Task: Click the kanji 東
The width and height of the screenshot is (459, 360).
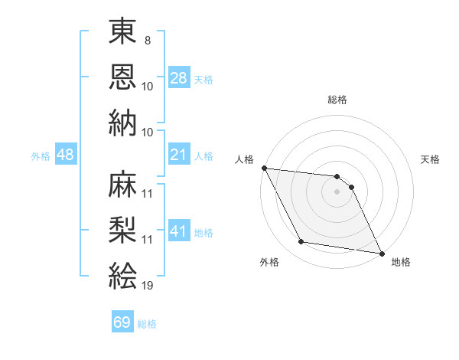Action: (122, 34)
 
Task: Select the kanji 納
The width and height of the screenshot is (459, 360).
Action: (122, 124)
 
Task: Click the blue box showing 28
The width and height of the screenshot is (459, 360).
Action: (178, 78)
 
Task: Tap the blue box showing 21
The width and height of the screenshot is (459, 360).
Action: (178, 155)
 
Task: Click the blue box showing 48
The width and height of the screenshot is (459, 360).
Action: (65, 155)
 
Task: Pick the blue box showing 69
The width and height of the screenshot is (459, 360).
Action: (122, 322)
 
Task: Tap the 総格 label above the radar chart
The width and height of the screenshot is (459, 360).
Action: (337, 100)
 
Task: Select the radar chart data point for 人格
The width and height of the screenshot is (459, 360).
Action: (264, 168)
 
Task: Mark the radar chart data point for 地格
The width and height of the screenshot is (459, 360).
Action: (381, 254)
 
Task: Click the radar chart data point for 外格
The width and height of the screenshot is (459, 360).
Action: (301, 242)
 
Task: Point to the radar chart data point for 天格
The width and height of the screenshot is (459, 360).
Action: (351, 186)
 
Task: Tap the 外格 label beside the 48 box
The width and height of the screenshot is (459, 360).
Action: (41, 155)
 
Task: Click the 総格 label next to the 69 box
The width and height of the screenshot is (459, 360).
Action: (147, 323)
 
